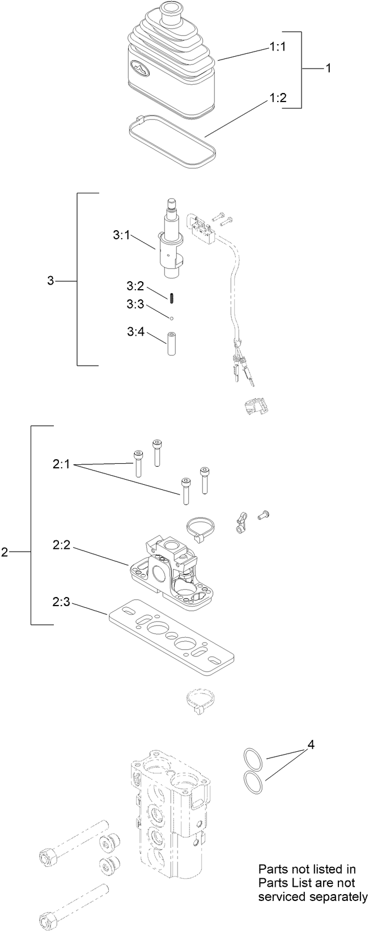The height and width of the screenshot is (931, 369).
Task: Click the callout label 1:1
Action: [x=277, y=48]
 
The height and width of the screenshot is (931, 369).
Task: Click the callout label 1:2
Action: [x=277, y=98]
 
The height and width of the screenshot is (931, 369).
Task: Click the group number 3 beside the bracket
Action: [x=50, y=281]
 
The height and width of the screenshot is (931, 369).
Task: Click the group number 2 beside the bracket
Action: [x=5, y=552]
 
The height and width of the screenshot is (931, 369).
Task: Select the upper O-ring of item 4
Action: [x=253, y=758]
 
